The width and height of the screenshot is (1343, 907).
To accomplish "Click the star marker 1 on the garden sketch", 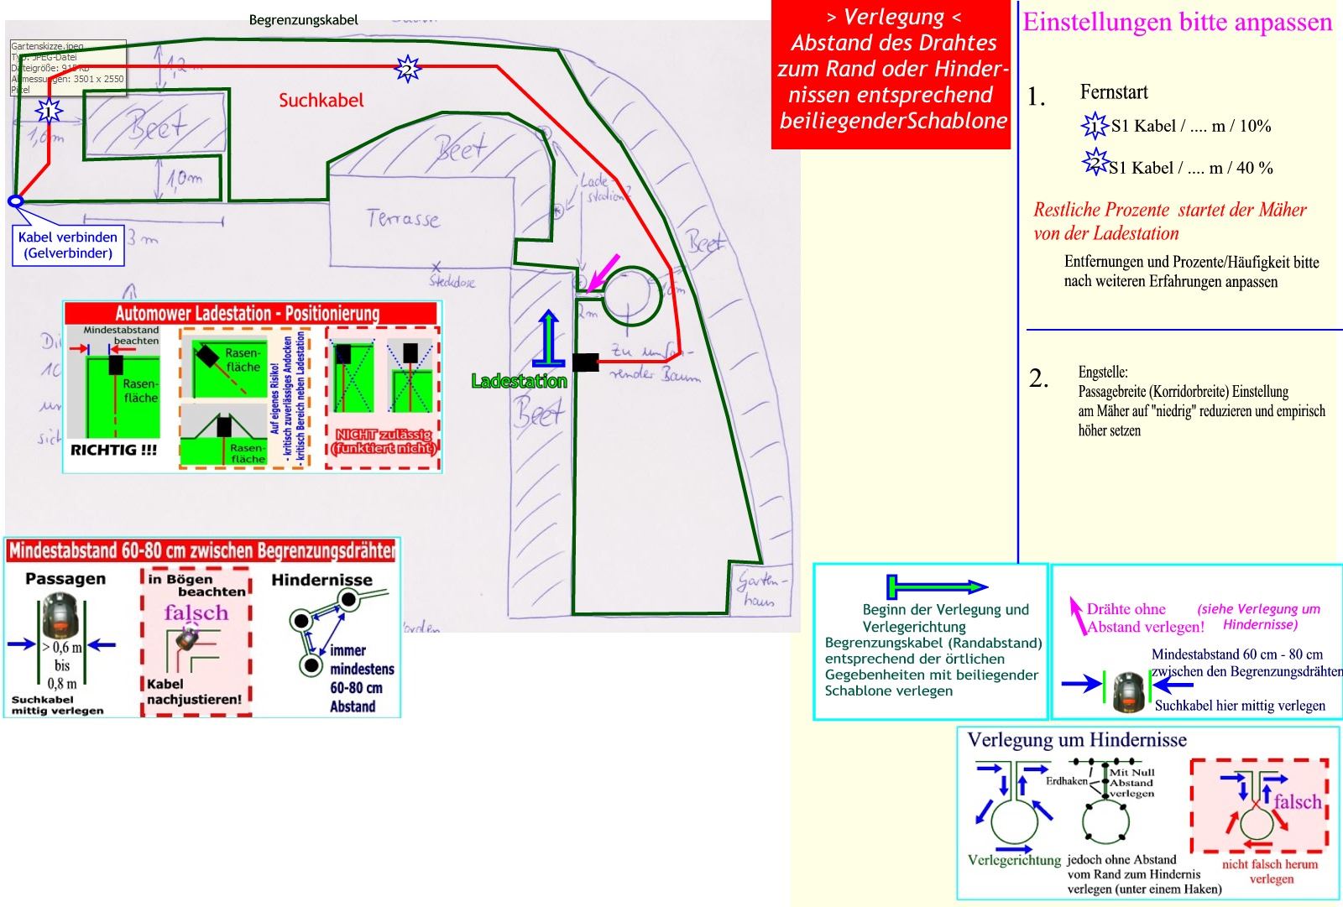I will pos(49,110).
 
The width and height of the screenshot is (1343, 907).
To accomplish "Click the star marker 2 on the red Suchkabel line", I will pos(407,67).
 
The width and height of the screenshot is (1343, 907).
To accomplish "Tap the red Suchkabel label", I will pos(321,100).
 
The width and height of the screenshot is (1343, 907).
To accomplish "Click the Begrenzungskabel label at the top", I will pos(303,19).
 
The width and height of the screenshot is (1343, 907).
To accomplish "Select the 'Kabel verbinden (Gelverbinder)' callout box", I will pos(68,245).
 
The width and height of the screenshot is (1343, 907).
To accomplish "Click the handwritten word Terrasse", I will pos(403,220).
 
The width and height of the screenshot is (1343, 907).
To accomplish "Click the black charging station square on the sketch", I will pos(585,362).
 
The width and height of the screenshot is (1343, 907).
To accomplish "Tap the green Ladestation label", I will pos(519,381).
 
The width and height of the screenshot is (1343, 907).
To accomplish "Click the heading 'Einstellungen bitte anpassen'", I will pos(1177,22).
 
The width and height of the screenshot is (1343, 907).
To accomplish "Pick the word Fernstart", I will pos(1114,92).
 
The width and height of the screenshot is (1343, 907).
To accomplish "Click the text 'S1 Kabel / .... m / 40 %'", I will pos(1190,168).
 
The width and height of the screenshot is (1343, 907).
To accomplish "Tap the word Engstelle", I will pos(1103,372).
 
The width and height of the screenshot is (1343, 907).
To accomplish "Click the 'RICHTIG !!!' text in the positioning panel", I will pos(113,450).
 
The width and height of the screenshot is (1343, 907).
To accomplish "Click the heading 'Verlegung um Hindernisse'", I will pos(1077,740).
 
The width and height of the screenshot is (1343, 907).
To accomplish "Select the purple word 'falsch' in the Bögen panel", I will pos(196,612).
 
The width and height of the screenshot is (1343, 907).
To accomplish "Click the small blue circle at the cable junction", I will pos(15,201).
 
